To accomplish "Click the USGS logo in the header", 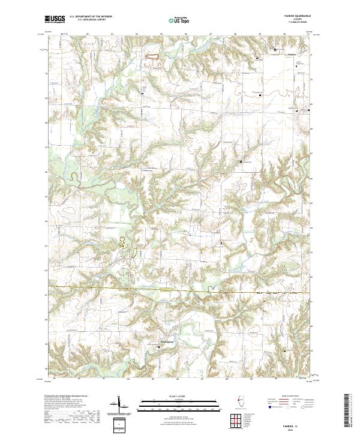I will (55, 19).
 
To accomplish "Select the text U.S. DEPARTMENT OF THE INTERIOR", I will (91, 17).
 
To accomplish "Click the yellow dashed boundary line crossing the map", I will (180, 292).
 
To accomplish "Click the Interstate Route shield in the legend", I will (269, 412).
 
